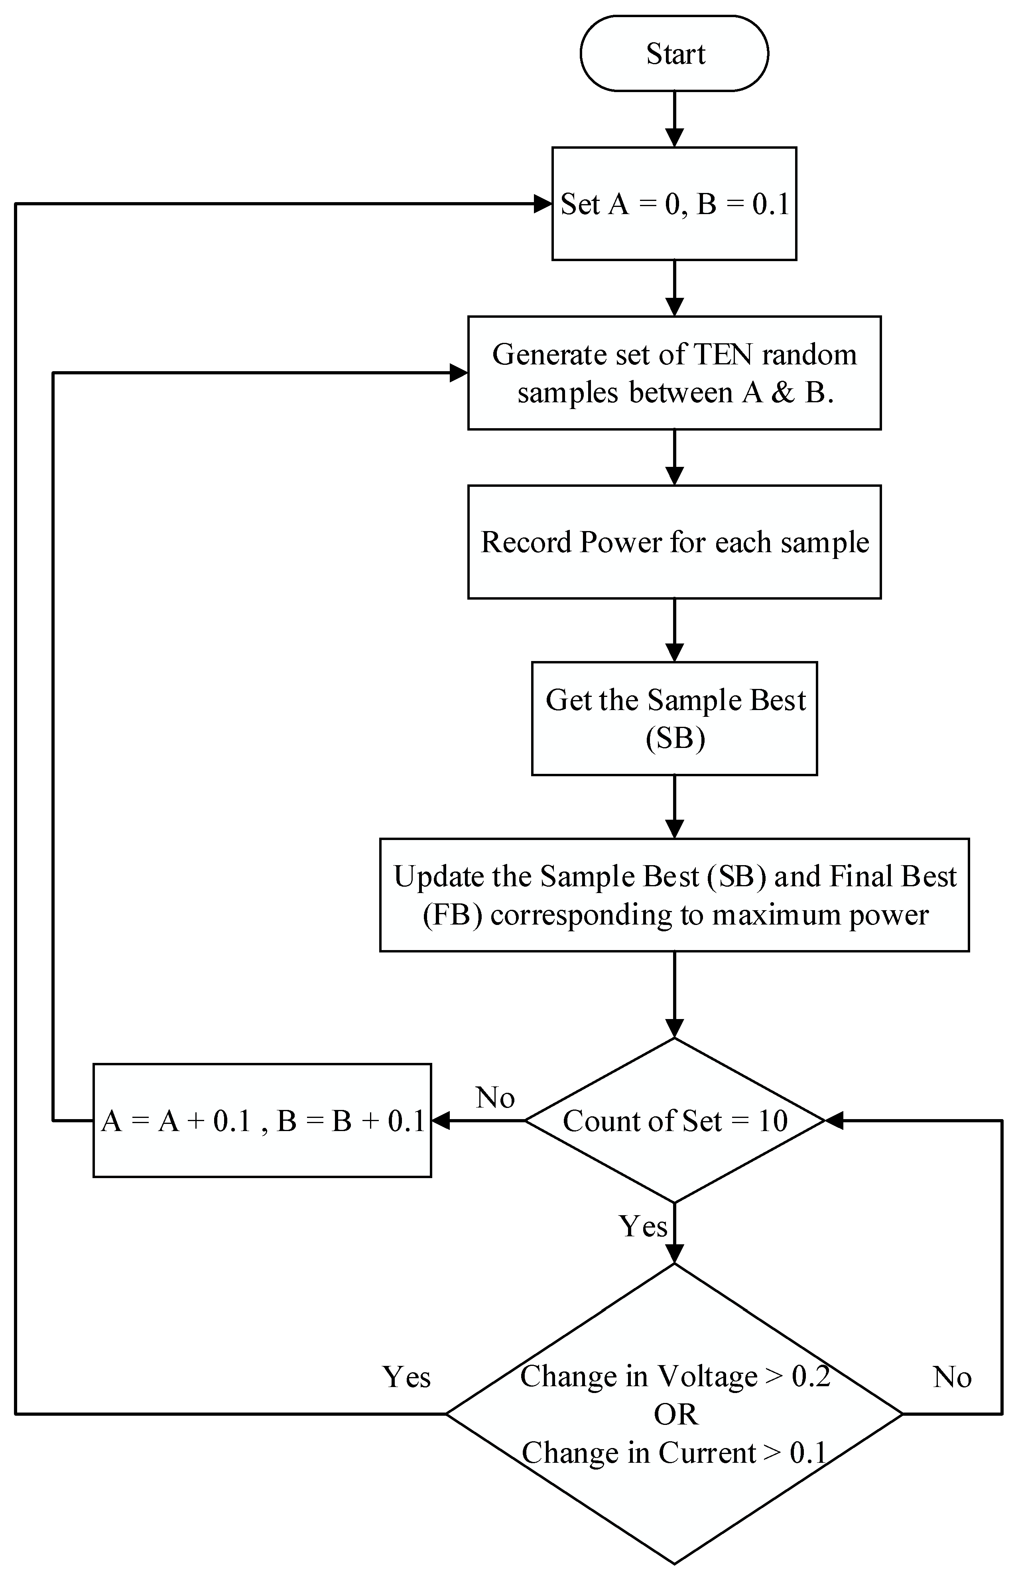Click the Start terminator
tap(674, 53)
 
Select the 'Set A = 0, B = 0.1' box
tap(674, 203)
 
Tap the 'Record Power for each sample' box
tap(674, 542)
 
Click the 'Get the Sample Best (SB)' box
tap(674, 718)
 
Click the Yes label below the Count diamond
tap(642, 1226)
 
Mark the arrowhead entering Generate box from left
tap(459, 373)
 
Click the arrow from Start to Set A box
tap(674, 119)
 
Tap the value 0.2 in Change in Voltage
tap(811, 1376)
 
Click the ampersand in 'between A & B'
tap(783, 393)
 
